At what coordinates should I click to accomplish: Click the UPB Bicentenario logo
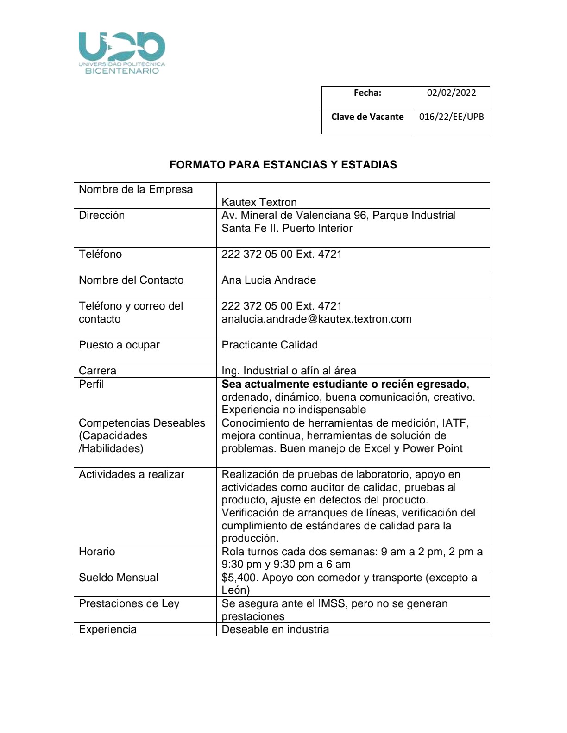click(122, 53)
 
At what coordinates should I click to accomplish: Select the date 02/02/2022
click(451, 93)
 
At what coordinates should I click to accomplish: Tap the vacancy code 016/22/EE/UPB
click(451, 117)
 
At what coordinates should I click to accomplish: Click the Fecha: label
click(367, 93)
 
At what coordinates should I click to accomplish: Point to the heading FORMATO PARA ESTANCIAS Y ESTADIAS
click(283, 165)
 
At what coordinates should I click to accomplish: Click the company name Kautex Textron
click(259, 202)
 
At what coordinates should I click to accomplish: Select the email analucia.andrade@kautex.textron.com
click(316, 319)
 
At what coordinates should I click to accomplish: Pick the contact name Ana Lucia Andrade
click(269, 280)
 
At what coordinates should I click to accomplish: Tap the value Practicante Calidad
click(270, 345)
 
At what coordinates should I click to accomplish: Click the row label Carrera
click(97, 371)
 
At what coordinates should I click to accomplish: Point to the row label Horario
click(97, 552)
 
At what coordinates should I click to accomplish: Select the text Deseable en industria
click(275, 629)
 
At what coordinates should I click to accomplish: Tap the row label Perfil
click(91, 384)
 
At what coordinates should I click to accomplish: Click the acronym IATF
click(455, 423)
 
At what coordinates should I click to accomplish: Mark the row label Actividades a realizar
click(132, 474)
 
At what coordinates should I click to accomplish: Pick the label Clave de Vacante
click(367, 117)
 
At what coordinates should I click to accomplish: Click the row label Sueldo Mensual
click(119, 578)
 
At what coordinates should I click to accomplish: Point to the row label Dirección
click(102, 215)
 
